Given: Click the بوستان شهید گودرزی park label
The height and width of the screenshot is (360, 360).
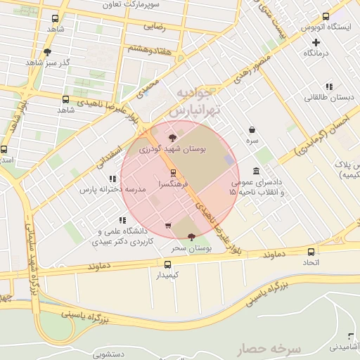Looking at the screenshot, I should pyautogui.click(x=174, y=150).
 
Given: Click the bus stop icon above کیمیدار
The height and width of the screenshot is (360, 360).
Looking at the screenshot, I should pyautogui.click(x=167, y=264).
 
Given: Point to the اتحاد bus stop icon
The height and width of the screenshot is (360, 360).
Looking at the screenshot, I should pyautogui.click(x=311, y=252).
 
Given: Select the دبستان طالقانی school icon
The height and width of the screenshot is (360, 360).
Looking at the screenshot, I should pyautogui.click(x=328, y=87).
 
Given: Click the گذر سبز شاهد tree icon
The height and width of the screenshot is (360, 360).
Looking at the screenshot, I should pyautogui.click(x=47, y=51).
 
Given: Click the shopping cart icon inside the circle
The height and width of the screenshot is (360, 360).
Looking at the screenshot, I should pyautogui.click(x=167, y=226).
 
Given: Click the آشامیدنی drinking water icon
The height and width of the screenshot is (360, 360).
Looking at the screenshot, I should pyautogui.click(x=351, y=336).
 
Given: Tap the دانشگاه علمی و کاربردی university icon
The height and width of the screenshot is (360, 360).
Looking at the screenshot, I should pyautogui.click(x=123, y=220).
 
